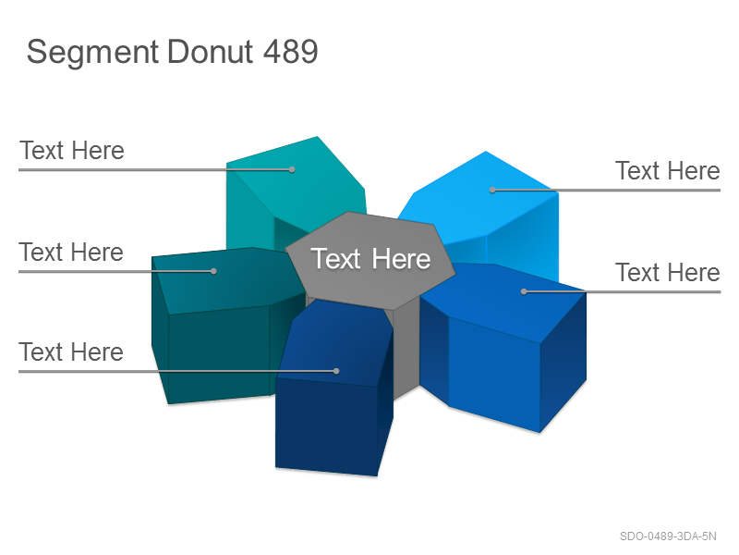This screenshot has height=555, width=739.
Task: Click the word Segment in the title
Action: click(x=92, y=52)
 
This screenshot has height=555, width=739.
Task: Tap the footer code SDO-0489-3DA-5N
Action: click(x=668, y=536)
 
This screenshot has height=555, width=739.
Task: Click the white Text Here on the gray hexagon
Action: click(x=370, y=259)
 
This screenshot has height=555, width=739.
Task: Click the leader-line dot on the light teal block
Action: click(x=292, y=169)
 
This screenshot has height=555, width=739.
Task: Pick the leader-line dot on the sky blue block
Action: click(x=492, y=191)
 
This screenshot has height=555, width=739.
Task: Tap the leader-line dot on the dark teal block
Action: click(x=213, y=271)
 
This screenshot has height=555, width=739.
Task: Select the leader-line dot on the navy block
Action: click(x=336, y=371)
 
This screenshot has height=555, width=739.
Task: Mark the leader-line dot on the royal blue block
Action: click(x=524, y=291)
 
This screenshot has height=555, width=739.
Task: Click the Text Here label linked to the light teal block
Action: click(x=72, y=151)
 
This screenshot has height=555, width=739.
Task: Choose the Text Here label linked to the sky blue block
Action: click(x=668, y=171)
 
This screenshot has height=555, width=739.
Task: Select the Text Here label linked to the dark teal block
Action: click(x=71, y=252)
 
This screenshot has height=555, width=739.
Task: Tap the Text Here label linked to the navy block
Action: click(x=71, y=352)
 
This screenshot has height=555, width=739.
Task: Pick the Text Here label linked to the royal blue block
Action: click(x=668, y=273)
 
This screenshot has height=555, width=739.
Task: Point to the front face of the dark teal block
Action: click(x=219, y=355)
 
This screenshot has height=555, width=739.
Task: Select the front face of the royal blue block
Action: click(x=494, y=374)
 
